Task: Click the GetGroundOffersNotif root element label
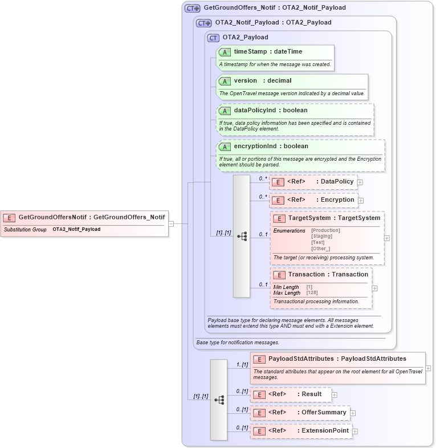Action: click(92, 217)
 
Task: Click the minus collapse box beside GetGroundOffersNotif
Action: click(171, 223)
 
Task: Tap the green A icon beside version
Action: click(225, 81)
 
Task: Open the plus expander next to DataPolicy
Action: click(360, 182)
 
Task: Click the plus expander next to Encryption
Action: click(361, 201)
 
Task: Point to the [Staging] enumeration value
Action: click(321, 237)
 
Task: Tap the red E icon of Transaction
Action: click(279, 275)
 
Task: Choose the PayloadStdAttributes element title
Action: click(337, 359)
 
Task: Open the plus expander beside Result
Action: click(335, 394)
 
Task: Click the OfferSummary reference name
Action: click(324, 413)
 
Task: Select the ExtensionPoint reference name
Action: click(325, 431)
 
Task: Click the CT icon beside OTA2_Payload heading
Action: click(213, 38)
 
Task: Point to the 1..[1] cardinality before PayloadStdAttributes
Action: click(242, 364)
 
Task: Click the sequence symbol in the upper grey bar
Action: click(242, 236)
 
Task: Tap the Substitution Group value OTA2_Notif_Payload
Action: click(76, 229)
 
